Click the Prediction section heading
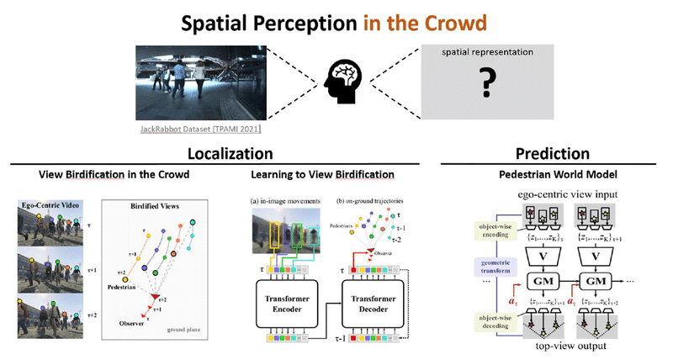click(x=552, y=154)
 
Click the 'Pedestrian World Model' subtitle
click(x=552, y=175)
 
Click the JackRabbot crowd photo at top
click(x=201, y=82)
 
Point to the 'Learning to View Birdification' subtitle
click(x=321, y=175)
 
